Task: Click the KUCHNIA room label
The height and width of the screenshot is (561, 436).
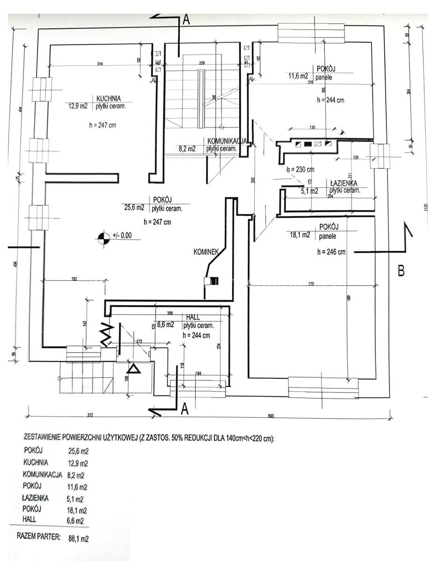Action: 109,99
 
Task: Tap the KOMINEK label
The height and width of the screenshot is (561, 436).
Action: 206,252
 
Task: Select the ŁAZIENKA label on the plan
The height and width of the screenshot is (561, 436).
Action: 344,183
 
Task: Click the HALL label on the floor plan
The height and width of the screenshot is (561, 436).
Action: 193,317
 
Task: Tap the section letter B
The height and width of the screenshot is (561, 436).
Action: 400,270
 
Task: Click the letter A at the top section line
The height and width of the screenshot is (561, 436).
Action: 186,20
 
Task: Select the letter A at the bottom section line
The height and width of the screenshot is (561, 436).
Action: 185,410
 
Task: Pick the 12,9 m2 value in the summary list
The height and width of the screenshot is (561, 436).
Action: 78,463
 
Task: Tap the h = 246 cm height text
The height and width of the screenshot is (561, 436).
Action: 331,252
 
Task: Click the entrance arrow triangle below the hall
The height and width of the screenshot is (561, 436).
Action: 134,369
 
